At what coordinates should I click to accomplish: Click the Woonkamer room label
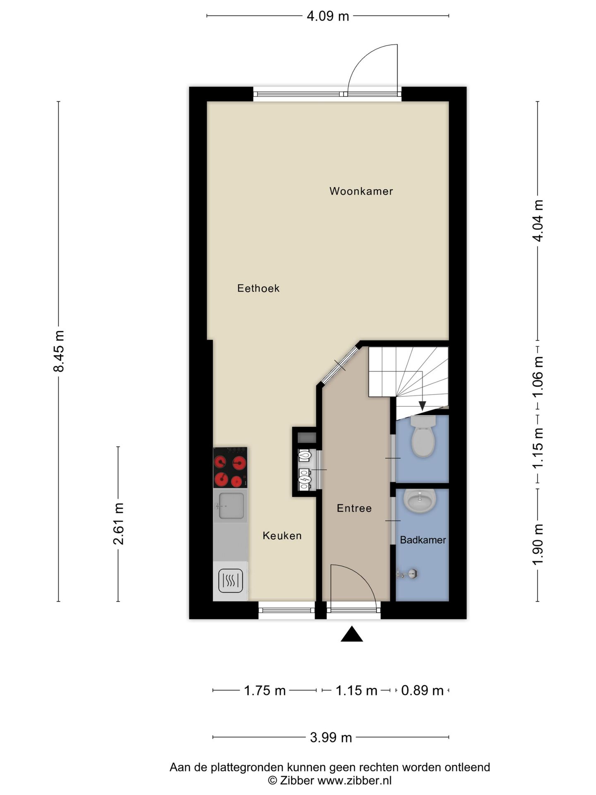pos(361,191)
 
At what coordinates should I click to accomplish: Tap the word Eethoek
pos(258,288)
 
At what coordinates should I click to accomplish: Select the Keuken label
pos(282,536)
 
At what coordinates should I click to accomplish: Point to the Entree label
pos(354,508)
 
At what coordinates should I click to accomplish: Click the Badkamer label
pos(423,540)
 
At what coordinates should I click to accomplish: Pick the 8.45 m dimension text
pos(59,352)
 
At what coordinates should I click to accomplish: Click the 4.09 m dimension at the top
pos(328,16)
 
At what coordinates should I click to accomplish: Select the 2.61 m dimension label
pos(119,524)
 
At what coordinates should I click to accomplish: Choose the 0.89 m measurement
pos(422,691)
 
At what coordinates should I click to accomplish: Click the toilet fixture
pos(423,436)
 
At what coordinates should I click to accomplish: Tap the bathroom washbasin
pos(420,501)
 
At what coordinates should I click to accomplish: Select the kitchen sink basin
pos(231,506)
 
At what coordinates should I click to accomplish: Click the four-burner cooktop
pos(230,467)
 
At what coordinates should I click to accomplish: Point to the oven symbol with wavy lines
pos(231,581)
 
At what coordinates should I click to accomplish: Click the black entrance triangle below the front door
pos(352,634)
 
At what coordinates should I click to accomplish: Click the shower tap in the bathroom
pos(407,574)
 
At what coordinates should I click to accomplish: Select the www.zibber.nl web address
pos(354,781)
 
